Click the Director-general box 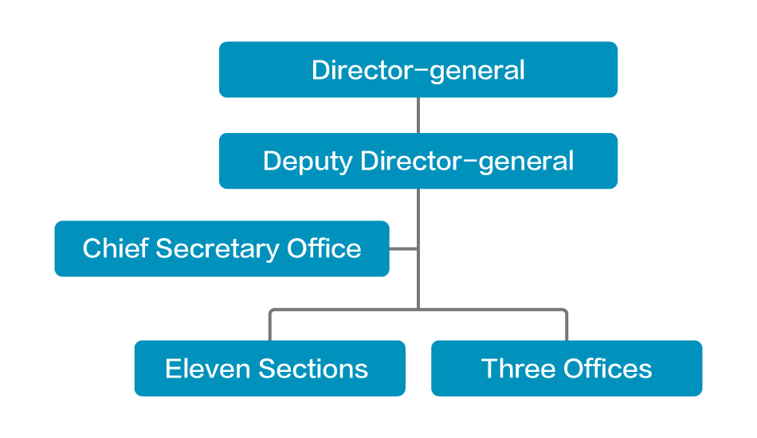pyautogui.click(x=418, y=69)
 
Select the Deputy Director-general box pyautogui.click(x=418, y=161)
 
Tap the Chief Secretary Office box pyautogui.click(x=222, y=248)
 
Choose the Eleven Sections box pyautogui.click(x=269, y=368)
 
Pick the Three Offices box pyautogui.click(x=567, y=368)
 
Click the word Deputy pyautogui.click(x=308, y=162)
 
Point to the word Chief pyautogui.click(x=116, y=248)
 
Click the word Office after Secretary pyautogui.click(x=324, y=248)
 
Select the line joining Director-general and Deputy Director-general pyautogui.click(x=418, y=115)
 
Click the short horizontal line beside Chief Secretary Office pyautogui.click(x=404, y=248)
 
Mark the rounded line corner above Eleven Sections pyautogui.click(x=273, y=311)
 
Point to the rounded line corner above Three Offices pyautogui.click(x=564, y=311)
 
